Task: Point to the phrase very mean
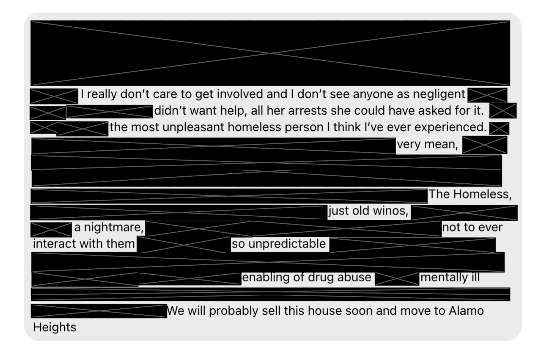[427, 144]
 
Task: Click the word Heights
[55, 327]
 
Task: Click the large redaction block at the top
[270, 53]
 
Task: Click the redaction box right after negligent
[487, 95]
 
